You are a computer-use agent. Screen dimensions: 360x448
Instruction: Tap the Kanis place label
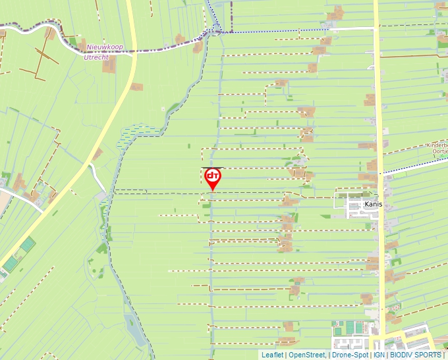tap(374, 205)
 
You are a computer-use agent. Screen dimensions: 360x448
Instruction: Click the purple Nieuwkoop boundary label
tap(105, 47)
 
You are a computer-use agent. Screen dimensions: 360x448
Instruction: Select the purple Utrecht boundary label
tap(96, 57)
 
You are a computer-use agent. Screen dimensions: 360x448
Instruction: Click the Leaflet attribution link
tap(272, 355)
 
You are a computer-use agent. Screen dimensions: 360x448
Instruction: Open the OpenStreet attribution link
tap(306, 355)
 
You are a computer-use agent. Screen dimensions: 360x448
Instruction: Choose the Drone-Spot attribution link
tap(350, 355)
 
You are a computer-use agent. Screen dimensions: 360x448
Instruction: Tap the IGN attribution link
tap(379, 355)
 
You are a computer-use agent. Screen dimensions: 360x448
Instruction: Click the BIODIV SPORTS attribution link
tap(416, 355)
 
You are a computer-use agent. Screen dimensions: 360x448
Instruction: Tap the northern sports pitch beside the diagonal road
tap(27, 245)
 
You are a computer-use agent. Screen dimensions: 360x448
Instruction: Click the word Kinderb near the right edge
tap(436, 145)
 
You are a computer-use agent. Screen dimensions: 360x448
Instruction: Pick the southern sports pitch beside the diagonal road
tap(11, 264)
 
